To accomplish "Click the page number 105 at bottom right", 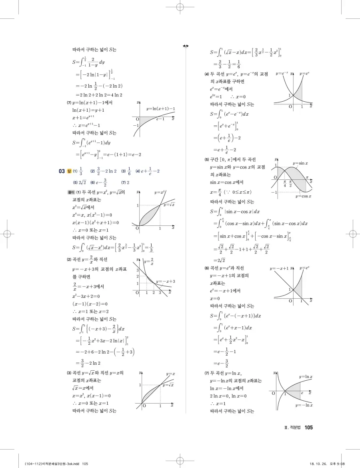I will (308, 428).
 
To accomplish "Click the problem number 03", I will (62, 171).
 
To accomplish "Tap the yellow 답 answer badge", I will (69, 171).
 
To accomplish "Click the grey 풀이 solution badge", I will (71, 192).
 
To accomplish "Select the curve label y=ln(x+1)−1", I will (161, 109).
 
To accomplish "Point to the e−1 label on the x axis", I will (161, 119).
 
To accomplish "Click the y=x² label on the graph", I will (160, 193).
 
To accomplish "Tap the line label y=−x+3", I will (166, 281).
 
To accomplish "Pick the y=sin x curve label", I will (300, 163).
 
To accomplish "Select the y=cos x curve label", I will (304, 196).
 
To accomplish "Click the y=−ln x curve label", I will (304, 406).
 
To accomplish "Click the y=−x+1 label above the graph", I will (279, 268).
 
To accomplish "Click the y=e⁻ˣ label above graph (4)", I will (282, 74).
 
